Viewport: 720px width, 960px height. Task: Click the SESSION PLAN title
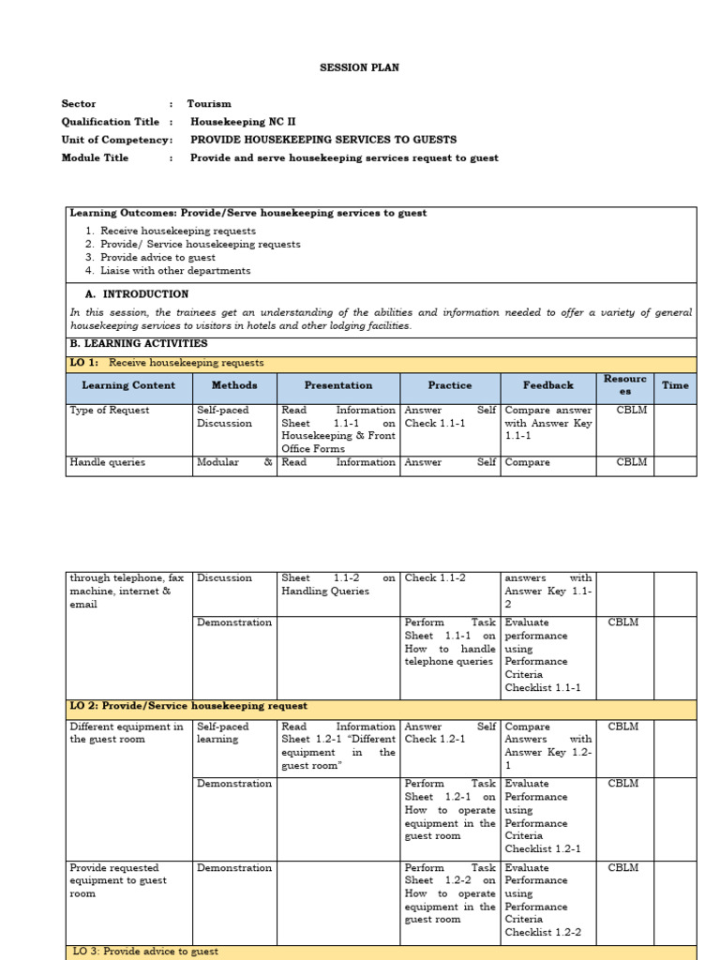click(360, 67)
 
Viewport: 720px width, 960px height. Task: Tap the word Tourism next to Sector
click(209, 104)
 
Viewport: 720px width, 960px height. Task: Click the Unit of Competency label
click(116, 140)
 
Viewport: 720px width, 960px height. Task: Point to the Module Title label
click(95, 157)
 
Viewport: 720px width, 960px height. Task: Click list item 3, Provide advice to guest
click(157, 257)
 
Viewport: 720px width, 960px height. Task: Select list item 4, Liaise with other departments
click(175, 271)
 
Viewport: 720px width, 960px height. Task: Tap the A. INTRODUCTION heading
click(143, 294)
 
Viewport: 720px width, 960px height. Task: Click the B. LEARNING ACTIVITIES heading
click(139, 344)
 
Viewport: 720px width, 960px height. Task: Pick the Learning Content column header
click(128, 385)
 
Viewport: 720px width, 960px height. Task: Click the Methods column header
click(233, 385)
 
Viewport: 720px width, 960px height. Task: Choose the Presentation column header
click(338, 385)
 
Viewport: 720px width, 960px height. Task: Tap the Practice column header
click(450, 385)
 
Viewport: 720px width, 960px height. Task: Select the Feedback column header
click(548, 385)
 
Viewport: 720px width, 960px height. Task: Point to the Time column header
click(675, 385)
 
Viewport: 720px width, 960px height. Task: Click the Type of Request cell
click(110, 411)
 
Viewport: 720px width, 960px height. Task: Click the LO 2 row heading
click(188, 706)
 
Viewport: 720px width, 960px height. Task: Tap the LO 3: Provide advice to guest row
click(145, 952)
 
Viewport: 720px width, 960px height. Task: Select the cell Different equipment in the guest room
click(127, 733)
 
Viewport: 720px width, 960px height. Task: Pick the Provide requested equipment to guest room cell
click(118, 880)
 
